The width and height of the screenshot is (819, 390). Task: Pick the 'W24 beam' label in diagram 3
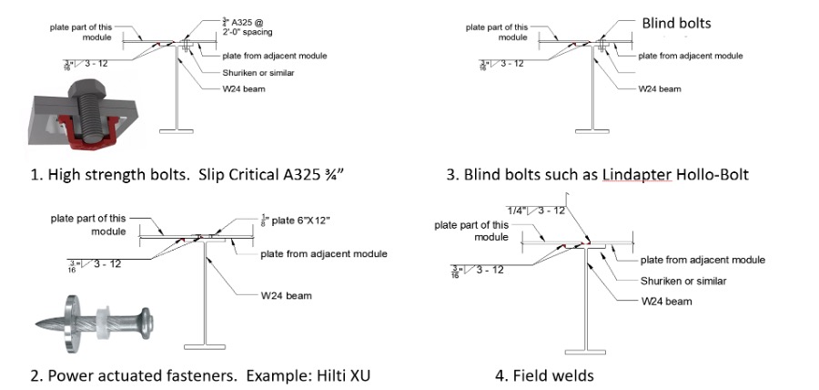[662, 88]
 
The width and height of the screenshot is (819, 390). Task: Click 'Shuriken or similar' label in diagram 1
[265, 72]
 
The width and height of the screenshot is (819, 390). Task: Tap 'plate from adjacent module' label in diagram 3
[690, 56]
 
